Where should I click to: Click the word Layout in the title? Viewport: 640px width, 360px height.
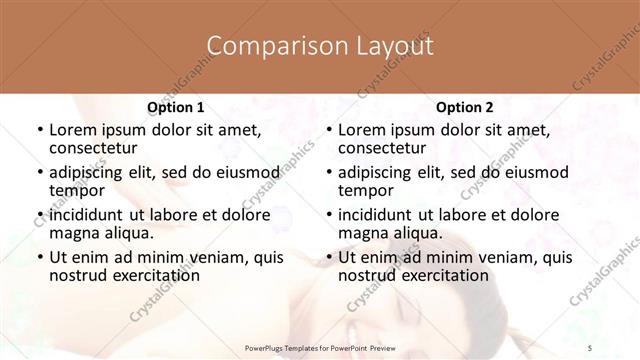pos(384,46)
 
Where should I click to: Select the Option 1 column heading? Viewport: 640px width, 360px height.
pos(175,107)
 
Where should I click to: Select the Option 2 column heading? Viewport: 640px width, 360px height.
pos(464,107)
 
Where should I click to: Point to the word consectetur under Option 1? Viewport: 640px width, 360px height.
pos(94,148)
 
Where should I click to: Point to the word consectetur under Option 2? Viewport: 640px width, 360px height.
pos(383,148)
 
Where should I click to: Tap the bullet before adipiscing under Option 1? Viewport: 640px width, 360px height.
pos(39,172)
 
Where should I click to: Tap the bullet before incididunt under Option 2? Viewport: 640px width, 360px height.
pos(328,215)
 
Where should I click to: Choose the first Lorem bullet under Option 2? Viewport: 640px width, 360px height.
pos(328,130)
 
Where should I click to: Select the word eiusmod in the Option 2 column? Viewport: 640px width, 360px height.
pos(533,171)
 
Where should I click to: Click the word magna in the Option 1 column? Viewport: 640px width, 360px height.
pos(74,233)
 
